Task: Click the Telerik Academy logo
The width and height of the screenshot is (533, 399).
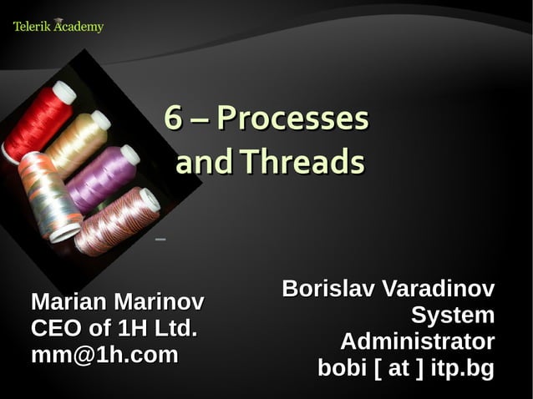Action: tap(58, 27)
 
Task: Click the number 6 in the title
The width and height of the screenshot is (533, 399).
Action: tap(173, 119)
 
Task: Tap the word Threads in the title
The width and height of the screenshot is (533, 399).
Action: tap(302, 162)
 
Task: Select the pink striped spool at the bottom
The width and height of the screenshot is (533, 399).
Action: tap(117, 220)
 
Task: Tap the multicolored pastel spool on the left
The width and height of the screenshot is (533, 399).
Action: tap(48, 196)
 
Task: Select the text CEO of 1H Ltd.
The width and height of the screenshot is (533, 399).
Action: tap(114, 327)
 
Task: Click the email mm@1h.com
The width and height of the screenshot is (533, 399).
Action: tap(104, 355)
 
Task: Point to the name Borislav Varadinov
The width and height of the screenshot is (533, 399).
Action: tap(388, 289)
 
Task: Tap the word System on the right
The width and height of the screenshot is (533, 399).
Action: tap(452, 316)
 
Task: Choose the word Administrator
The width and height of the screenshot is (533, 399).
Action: tap(417, 341)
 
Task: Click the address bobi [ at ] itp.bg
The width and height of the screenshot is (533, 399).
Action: tap(406, 368)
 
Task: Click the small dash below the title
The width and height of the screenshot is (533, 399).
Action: tap(160, 240)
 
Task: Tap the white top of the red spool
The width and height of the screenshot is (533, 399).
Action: tap(63, 92)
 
